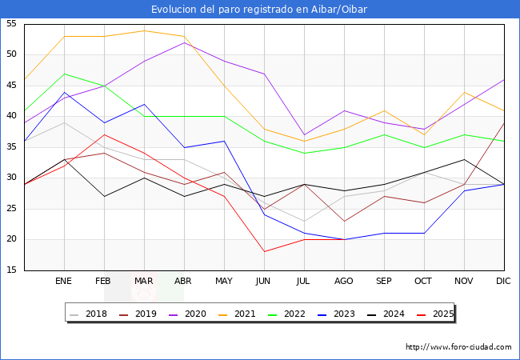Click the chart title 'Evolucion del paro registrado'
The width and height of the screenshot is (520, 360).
pyautogui.click(x=259, y=9)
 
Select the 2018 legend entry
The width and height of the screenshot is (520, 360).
pyautogui.click(x=90, y=314)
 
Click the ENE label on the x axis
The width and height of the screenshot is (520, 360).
pyautogui.click(x=64, y=282)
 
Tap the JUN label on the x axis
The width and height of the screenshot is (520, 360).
pyautogui.click(x=264, y=282)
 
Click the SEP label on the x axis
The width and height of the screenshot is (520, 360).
pyautogui.click(x=384, y=282)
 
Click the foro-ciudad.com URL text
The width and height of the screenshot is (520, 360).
pyautogui.click(x=458, y=347)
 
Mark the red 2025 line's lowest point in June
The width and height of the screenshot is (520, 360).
pyautogui.click(x=264, y=252)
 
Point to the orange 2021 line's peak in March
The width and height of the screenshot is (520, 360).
pyautogui.click(x=144, y=30)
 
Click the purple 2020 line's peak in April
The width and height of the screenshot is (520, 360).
pyautogui.click(x=184, y=42)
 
